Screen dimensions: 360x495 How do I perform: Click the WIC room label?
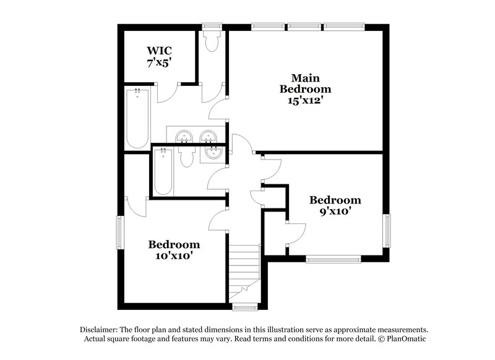point(159,50)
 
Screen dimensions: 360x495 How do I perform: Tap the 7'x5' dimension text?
point(159,62)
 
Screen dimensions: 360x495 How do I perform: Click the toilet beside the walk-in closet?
point(211,41)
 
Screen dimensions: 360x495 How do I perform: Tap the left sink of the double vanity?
point(184,137)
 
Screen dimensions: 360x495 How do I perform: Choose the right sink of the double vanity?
point(208,135)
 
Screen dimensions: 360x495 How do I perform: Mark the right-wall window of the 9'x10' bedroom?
point(387,230)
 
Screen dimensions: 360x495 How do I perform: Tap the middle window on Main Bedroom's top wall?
point(304,27)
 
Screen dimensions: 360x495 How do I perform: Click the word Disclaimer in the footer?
point(100,330)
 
